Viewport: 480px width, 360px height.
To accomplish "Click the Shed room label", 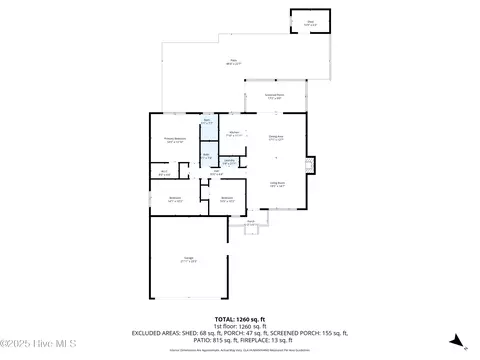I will [309, 21].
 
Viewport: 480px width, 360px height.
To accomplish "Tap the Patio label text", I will [234, 62].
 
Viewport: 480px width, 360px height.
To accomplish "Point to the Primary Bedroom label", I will [175, 139].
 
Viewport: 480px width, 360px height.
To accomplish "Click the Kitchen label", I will [233, 132].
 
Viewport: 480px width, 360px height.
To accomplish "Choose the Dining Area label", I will [277, 138].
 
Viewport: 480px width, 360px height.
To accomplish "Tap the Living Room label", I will [277, 184].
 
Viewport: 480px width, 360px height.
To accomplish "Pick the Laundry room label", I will [229, 160].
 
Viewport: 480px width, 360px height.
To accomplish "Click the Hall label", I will [215, 172].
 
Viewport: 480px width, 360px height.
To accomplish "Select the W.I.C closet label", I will [165, 172].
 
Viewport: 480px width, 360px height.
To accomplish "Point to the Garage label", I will [189, 262].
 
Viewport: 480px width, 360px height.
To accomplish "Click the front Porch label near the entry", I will [251, 222].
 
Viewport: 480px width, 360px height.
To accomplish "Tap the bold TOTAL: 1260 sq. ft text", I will [240, 319].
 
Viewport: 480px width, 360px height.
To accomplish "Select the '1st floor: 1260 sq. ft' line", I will [240, 326].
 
